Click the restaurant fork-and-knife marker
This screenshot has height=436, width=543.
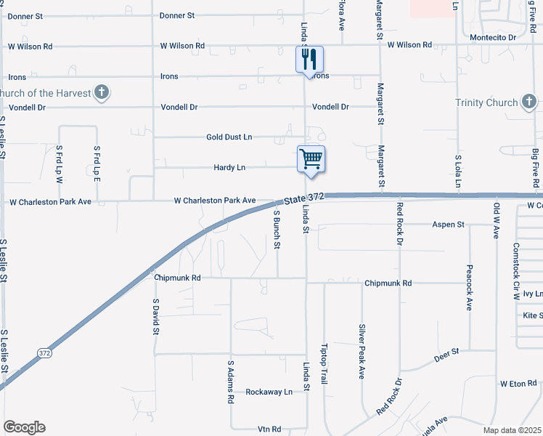coord(309,58)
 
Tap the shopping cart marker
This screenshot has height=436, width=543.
coord(311,158)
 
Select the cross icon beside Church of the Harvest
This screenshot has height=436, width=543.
coord(102,92)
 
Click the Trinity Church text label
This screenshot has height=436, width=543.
coord(486,102)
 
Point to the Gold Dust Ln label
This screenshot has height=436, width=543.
coord(229,137)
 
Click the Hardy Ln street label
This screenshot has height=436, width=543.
coord(229,167)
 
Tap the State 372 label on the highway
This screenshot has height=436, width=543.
coord(303,198)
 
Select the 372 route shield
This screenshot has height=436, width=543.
coord(44,352)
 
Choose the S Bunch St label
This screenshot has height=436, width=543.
coord(277,230)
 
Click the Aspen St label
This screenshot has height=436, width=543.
coord(448,225)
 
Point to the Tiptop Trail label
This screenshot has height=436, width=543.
coord(325,364)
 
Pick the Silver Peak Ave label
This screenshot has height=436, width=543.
coord(361,352)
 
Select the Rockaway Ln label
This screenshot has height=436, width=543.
coord(269,392)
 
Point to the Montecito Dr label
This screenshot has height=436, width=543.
coord(492,36)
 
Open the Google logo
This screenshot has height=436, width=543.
coord(24,427)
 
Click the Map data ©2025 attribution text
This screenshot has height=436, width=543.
coord(513,430)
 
